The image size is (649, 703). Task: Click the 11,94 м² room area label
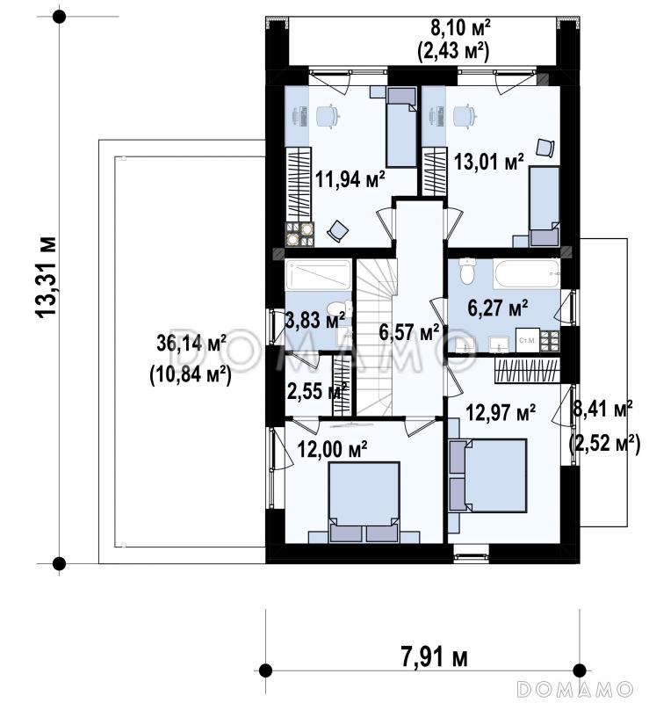click(x=350, y=179)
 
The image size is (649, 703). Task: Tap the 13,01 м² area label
click(x=489, y=162)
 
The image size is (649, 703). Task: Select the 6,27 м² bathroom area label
click(x=497, y=308)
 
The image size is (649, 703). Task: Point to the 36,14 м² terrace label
click(x=191, y=344)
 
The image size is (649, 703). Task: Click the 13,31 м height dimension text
click(x=47, y=277)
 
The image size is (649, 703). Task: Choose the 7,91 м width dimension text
click(x=434, y=657)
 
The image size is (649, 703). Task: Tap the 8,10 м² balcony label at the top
click(x=460, y=28)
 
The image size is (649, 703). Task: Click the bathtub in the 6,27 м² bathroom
click(x=526, y=273)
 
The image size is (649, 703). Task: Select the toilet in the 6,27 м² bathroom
click(x=467, y=271)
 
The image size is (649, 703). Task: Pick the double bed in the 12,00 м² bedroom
click(x=364, y=502)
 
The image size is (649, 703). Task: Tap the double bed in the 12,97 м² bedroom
click(x=487, y=475)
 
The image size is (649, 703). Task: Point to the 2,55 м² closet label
click(x=317, y=392)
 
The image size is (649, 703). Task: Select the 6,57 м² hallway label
click(x=408, y=332)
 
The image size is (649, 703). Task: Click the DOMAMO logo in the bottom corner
click(x=574, y=688)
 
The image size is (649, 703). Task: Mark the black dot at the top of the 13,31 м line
click(x=59, y=17)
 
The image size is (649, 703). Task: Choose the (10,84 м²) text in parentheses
click(x=190, y=374)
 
